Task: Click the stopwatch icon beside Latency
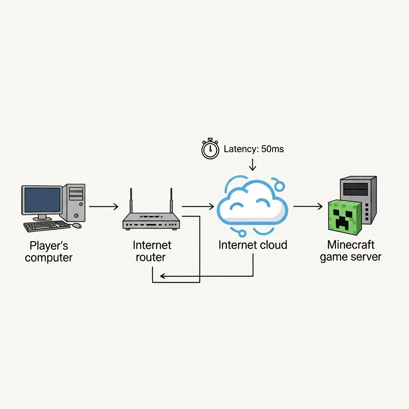[x=210, y=150]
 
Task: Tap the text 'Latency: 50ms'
[x=254, y=149]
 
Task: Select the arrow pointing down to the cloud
[x=252, y=165]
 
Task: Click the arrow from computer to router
[x=104, y=206]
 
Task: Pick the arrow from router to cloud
[x=198, y=206]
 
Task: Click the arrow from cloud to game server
[x=308, y=206]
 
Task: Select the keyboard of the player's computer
[x=46, y=226]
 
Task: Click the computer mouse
[x=76, y=225]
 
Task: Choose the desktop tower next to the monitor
[x=75, y=202]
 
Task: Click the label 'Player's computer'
[x=49, y=251]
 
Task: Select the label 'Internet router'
[x=152, y=250]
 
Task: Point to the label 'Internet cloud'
[x=252, y=245]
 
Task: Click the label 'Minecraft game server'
[x=351, y=250]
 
